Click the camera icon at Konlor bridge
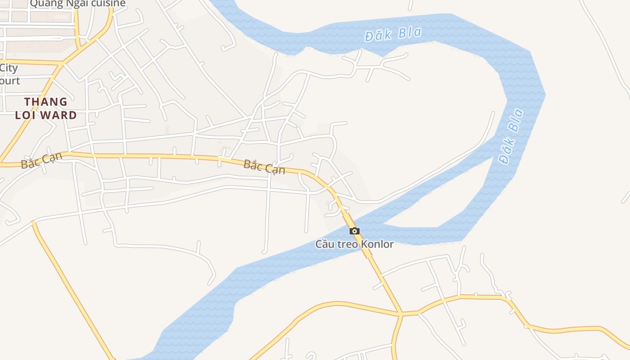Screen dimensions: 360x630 click(355, 231)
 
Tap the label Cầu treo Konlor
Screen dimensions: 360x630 click(354, 244)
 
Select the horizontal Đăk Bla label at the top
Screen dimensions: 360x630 click(393, 34)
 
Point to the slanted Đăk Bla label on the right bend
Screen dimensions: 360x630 click(511, 136)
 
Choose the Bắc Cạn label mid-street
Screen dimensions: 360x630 click(264, 166)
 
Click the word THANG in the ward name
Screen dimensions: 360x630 click(46, 102)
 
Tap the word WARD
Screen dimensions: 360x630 click(59, 115)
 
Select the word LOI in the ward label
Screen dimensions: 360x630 click(25, 115)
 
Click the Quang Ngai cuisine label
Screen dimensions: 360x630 click(77, 4)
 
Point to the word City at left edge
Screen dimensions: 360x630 click(9, 68)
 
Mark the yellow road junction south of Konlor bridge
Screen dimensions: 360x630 click(400, 314)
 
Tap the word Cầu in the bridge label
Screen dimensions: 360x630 click(324, 244)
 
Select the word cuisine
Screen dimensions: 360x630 click(108, 4)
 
